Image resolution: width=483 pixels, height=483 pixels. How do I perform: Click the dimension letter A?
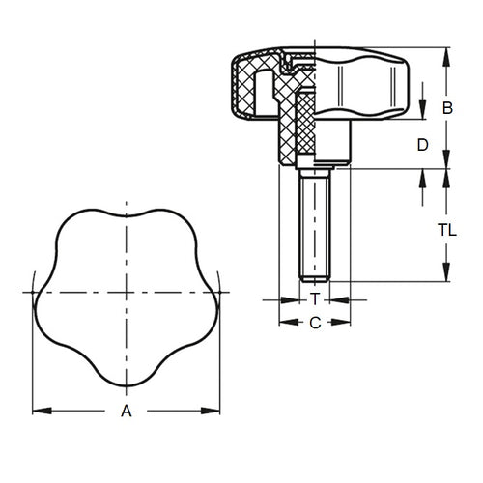[125, 412]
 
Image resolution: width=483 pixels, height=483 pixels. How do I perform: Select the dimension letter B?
[447, 108]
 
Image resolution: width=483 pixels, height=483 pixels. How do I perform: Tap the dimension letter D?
[421, 146]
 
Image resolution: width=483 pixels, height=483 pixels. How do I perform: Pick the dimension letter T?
[315, 300]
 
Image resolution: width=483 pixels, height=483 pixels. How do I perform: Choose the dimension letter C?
[315, 323]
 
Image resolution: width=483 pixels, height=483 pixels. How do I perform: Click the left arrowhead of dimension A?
[38, 412]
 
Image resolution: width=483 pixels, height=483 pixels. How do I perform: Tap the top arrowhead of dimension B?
[447, 50]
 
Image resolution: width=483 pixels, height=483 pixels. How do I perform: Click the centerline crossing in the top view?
[125, 292]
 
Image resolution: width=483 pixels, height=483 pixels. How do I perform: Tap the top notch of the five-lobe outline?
[125, 215]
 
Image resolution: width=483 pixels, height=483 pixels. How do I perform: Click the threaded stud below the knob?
[315, 222]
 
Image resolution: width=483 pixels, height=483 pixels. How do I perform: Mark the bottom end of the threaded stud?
[315, 278]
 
